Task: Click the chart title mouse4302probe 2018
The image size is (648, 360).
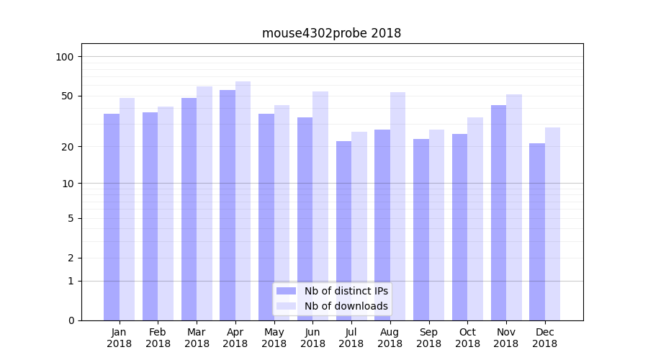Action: [331, 33]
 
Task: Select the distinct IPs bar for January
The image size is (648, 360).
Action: [112, 216]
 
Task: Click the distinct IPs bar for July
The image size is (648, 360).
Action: [344, 230]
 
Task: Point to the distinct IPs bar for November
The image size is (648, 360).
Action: [498, 212]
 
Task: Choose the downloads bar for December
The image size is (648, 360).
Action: [552, 223]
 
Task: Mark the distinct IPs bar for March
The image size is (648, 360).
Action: [189, 209]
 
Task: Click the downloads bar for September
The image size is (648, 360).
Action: [436, 225]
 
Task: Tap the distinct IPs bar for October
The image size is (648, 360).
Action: [459, 227]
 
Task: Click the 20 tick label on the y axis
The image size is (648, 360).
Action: [68, 147]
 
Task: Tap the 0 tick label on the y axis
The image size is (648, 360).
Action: [71, 320]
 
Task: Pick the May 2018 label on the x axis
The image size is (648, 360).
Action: [274, 338]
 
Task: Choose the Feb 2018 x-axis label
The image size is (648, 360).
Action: [158, 338]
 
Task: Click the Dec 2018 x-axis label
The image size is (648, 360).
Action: [544, 338]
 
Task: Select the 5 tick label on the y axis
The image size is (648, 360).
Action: [71, 218]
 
